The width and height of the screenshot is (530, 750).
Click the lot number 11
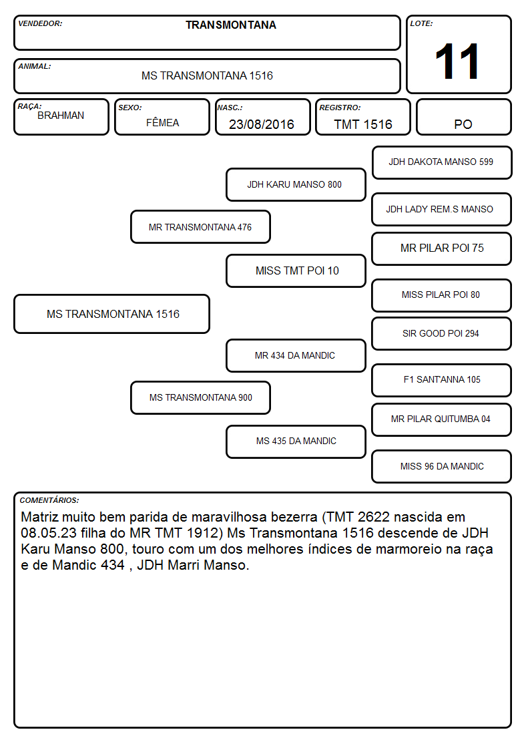tap(457, 61)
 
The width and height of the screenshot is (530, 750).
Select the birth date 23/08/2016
tap(262, 124)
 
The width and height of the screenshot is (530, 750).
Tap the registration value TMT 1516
tap(363, 124)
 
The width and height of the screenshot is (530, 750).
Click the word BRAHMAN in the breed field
tap(61, 116)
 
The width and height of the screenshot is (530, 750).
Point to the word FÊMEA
tap(162, 122)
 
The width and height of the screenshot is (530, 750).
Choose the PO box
tap(463, 117)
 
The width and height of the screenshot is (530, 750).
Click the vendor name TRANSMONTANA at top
tap(231, 25)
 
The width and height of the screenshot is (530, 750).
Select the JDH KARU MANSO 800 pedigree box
tap(296, 184)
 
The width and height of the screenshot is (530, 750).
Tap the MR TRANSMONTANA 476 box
tap(200, 227)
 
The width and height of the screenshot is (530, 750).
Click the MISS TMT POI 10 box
tap(296, 270)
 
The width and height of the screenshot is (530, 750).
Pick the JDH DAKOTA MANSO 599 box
tap(442, 163)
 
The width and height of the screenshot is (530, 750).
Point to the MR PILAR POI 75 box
tap(442, 248)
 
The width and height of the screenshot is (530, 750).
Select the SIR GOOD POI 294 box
tap(442, 333)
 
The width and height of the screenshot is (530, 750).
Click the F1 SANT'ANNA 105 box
tap(442, 380)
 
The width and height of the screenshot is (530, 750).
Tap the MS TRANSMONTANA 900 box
tap(200, 398)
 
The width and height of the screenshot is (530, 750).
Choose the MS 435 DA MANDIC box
tap(296, 441)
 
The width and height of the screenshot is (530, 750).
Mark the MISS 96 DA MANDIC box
tap(442, 466)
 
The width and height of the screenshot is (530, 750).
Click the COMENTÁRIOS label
tap(49, 500)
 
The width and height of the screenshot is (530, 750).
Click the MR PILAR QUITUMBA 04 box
tap(442, 419)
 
